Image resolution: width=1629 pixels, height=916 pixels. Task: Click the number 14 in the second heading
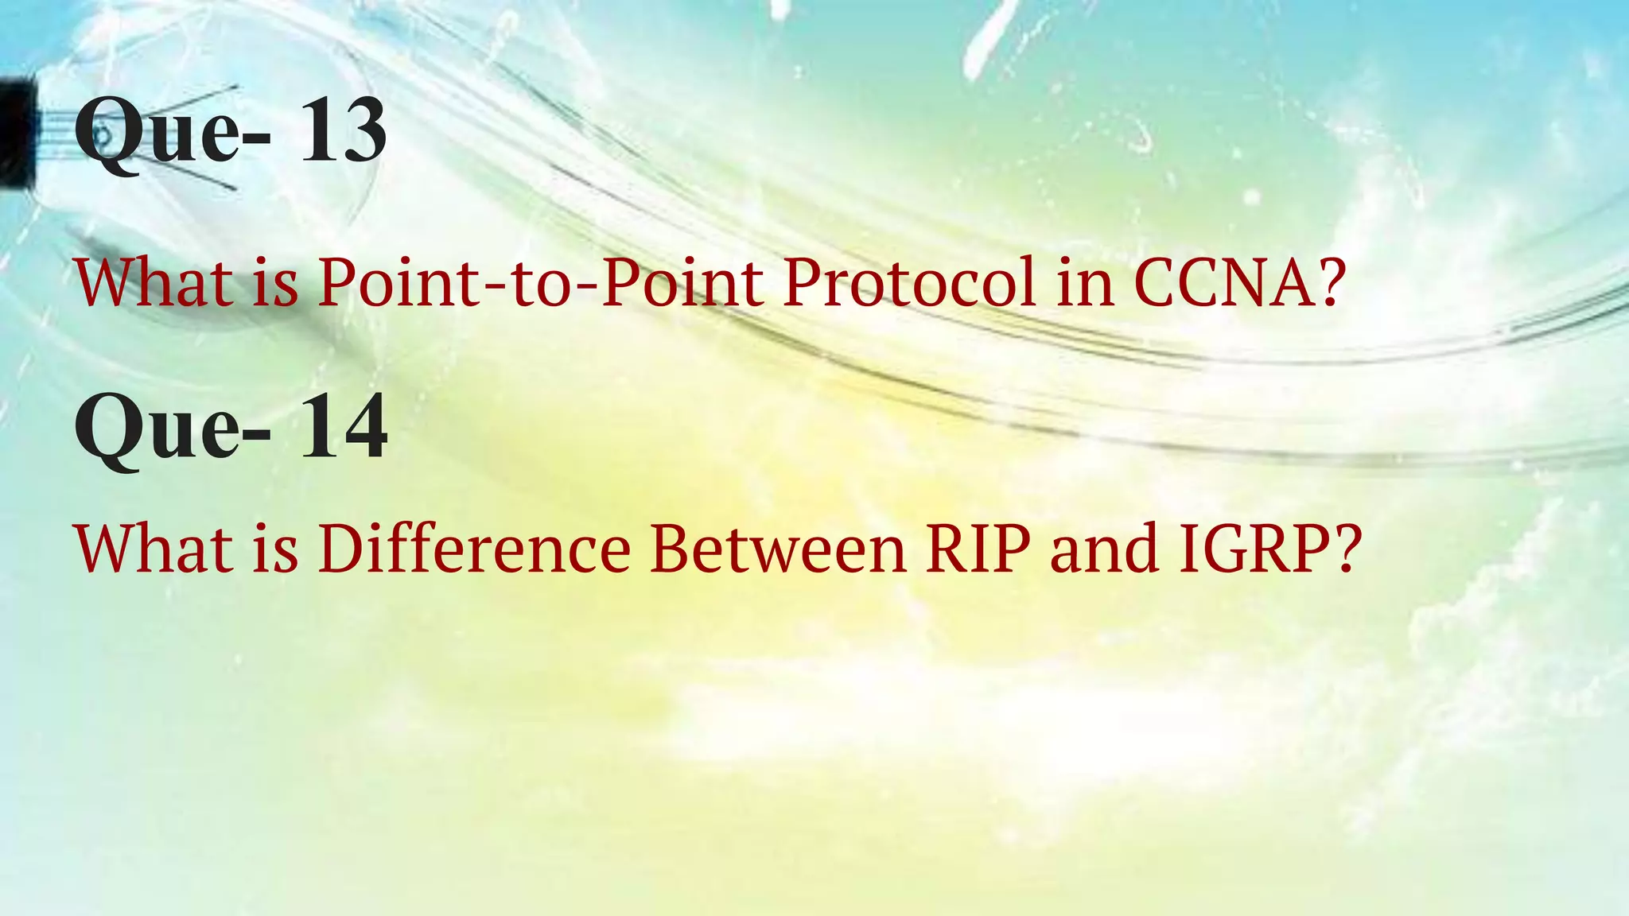click(344, 429)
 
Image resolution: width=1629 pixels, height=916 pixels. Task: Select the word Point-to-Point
click(540, 282)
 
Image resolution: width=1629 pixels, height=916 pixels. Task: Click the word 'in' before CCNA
click(1086, 282)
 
